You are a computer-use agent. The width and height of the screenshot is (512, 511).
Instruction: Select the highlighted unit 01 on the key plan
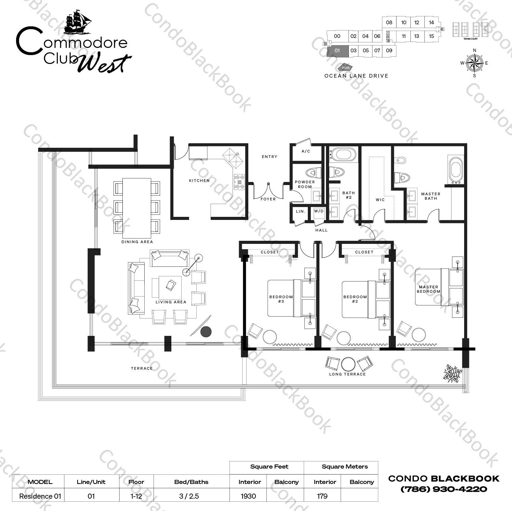click(x=337, y=51)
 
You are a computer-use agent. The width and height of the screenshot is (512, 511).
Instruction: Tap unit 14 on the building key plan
click(x=431, y=23)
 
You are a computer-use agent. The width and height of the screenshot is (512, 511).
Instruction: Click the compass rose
click(x=474, y=63)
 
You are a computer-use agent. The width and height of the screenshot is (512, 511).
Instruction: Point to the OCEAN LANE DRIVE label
click(x=356, y=76)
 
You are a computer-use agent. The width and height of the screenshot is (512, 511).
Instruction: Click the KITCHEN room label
click(x=199, y=181)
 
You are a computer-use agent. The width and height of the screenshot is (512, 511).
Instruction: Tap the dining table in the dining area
click(x=137, y=208)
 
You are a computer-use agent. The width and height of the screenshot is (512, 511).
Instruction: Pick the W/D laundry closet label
click(x=319, y=211)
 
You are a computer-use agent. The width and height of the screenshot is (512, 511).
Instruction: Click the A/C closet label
click(x=306, y=151)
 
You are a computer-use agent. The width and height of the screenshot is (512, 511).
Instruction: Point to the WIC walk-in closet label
click(x=380, y=200)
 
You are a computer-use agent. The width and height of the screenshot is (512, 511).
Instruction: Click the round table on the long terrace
click(x=348, y=364)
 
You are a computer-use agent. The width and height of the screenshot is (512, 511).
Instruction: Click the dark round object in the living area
click(x=206, y=331)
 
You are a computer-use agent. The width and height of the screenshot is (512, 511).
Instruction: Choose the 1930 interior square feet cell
click(x=248, y=496)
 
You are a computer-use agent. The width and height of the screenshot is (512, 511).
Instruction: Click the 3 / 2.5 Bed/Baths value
click(x=189, y=496)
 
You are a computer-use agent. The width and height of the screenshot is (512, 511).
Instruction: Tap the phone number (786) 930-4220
click(x=444, y=489)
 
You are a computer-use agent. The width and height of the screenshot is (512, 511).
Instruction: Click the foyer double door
click(x=268, y=190)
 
